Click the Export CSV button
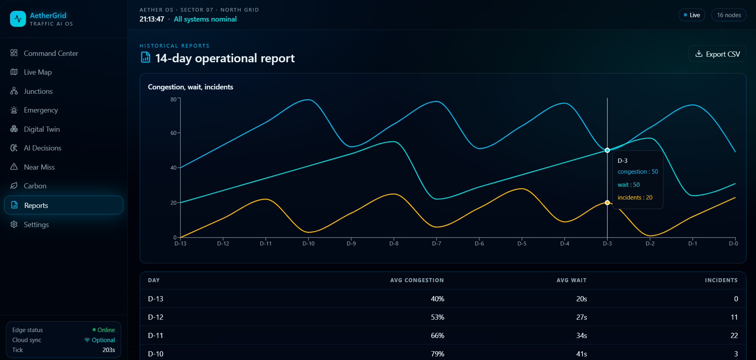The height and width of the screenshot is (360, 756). click(717, 54)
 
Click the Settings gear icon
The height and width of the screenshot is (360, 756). click(14, 224)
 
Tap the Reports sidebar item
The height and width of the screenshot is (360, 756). click(63, 205)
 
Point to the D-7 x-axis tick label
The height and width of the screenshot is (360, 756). click(436, 243)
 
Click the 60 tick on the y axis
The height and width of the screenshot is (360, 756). click(174, 133)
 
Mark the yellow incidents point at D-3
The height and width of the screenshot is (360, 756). click(607, 203)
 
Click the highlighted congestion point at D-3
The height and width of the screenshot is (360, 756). click(607, 150)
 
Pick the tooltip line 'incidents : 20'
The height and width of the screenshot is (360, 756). click(635, 198)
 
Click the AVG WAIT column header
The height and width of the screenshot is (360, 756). click(572, 280)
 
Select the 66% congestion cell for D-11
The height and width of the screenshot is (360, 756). click(438, 336)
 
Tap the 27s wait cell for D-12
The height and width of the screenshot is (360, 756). click(582, 317)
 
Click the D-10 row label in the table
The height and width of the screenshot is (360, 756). click(156, 354)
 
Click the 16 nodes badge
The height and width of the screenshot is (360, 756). click(729, 15)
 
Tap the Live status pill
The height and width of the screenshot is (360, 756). click(692, 15)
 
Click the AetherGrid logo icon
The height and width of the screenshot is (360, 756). click(18, 19)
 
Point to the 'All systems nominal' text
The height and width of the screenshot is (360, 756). click(205, 19)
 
